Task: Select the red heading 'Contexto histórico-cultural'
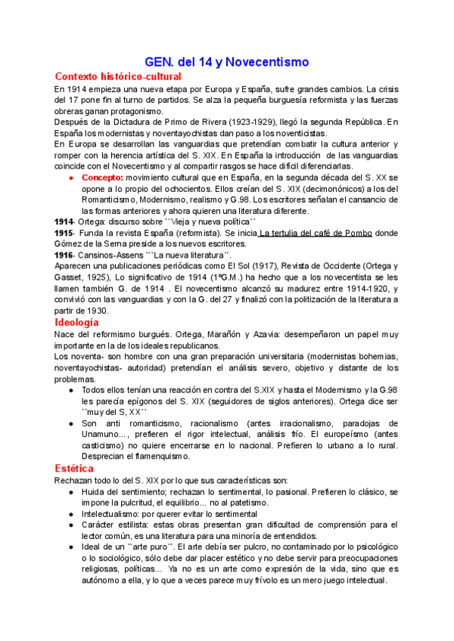[x=118, y=77]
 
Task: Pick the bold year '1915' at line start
[x=64, y=234]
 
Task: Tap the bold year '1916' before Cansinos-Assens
[x=64, y=255]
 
